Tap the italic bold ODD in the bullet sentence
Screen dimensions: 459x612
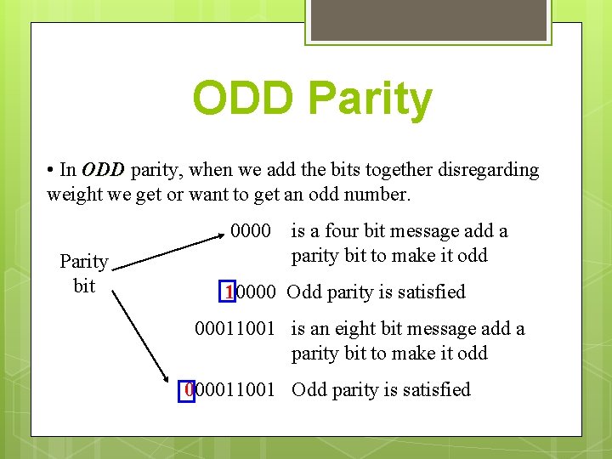pos(104,170)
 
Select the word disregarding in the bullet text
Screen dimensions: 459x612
pos(489,170)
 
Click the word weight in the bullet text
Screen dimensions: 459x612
pos(74,195)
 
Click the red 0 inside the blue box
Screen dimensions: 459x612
pos(190,390)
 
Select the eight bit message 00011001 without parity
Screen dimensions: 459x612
pos(235,329)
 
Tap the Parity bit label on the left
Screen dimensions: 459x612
pos(83,273)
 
